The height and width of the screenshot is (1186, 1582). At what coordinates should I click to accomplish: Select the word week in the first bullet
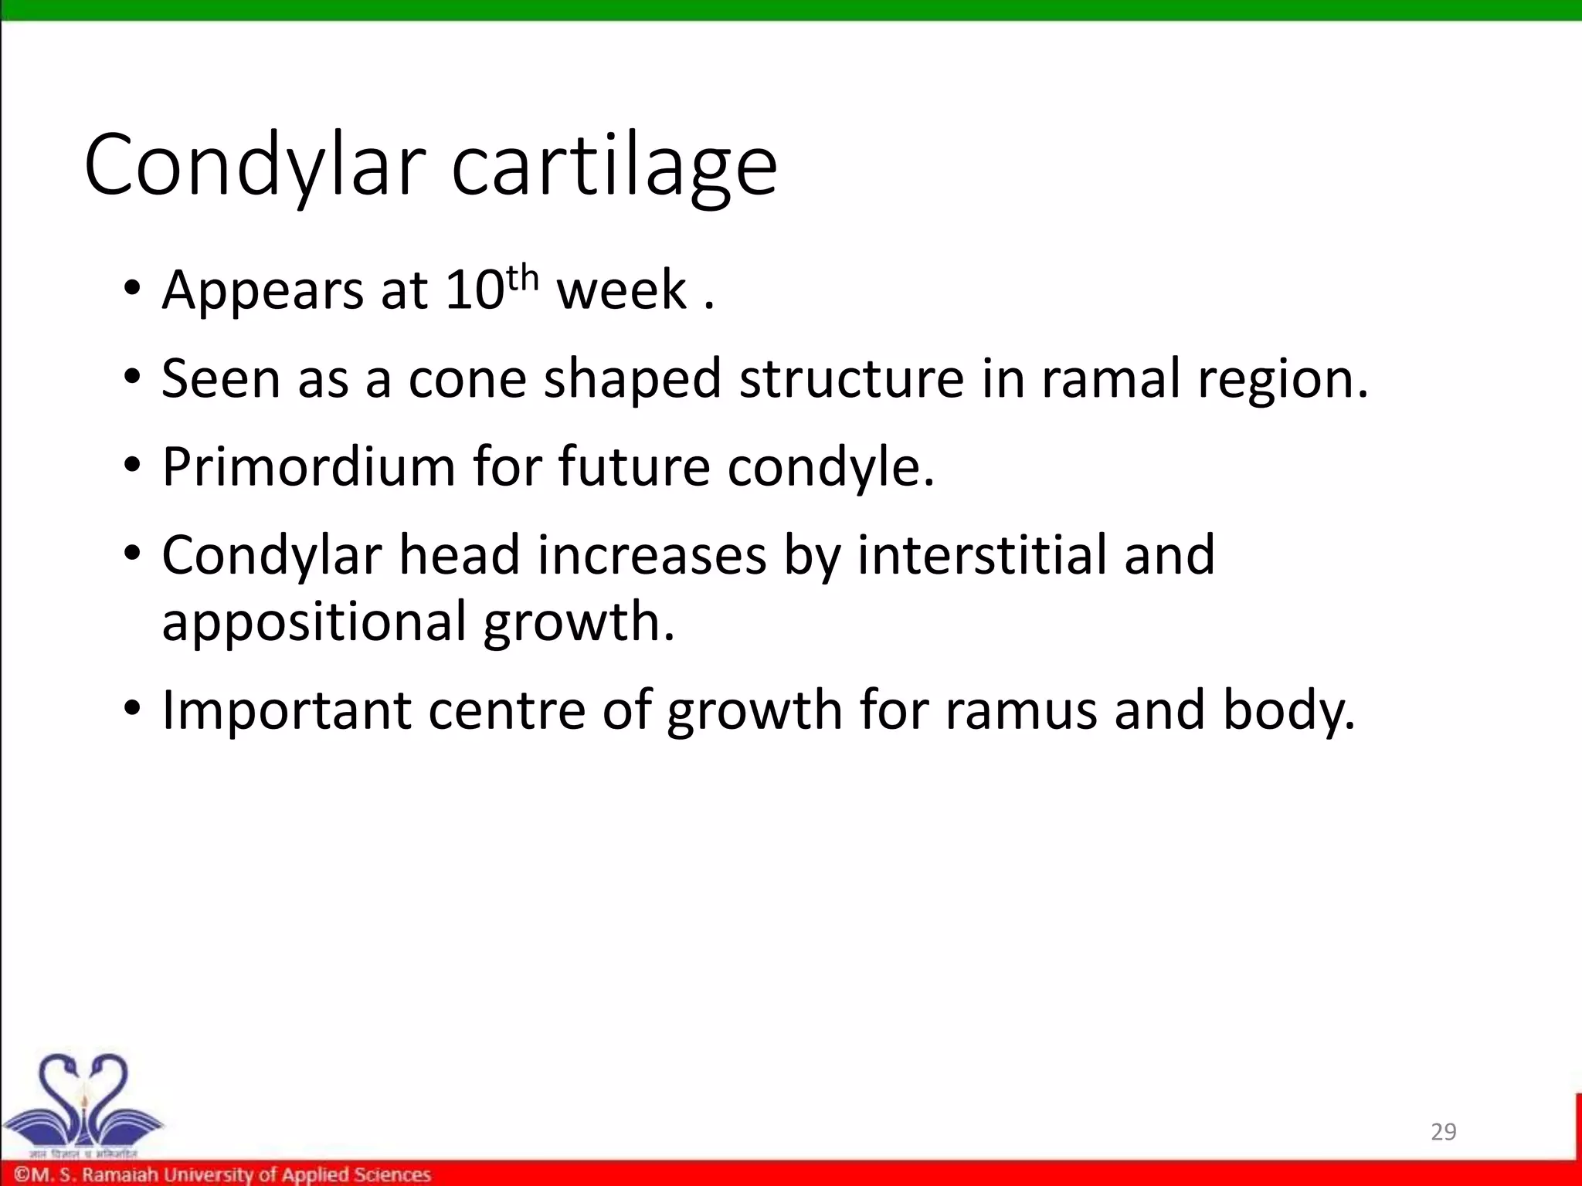coord(622,290)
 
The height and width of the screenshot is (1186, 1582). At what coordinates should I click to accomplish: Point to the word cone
coord(467,379)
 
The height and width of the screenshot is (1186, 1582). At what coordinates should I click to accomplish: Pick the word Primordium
coord(308,467)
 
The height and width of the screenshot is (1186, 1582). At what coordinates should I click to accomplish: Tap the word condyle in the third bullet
coord(830,467)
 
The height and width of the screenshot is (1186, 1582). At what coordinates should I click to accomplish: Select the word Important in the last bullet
coord(286,710)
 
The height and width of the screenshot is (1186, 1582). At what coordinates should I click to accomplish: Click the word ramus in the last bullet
coord(1020,710)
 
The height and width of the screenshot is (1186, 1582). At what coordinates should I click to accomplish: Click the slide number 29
coord(1443,1132)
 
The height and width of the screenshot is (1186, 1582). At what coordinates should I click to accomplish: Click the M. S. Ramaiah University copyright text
coord(222,1174)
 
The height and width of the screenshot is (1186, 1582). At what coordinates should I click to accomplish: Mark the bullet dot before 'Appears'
coord(132,290)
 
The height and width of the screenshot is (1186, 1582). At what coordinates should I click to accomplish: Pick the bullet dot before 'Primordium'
coord(132,467)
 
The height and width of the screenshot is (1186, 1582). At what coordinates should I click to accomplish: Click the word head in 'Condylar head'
coord(459,555)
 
